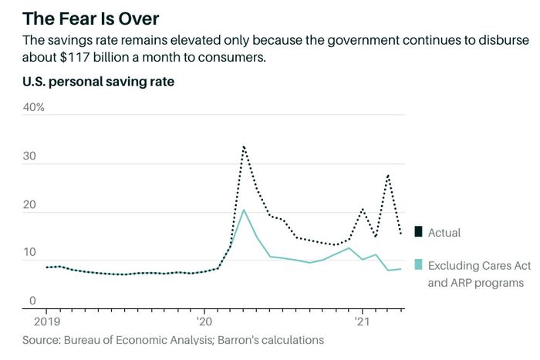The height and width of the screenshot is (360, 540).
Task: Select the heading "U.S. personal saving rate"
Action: point(98,82)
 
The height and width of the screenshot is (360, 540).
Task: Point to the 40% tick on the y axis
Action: point(34,107)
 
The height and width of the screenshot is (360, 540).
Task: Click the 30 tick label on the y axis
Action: point(30,156)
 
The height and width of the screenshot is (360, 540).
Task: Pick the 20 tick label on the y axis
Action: point(30,205)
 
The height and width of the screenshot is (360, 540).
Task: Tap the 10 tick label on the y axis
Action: point(29,253)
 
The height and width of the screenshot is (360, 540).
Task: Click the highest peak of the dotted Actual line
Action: point(244,146)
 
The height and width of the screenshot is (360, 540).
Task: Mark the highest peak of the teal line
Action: point(244,210)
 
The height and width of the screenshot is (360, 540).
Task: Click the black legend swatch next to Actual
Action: point(418,232)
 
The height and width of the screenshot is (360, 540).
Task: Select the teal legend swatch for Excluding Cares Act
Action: point(418,264)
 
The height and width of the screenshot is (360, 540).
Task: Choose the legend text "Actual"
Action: point(444,232)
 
